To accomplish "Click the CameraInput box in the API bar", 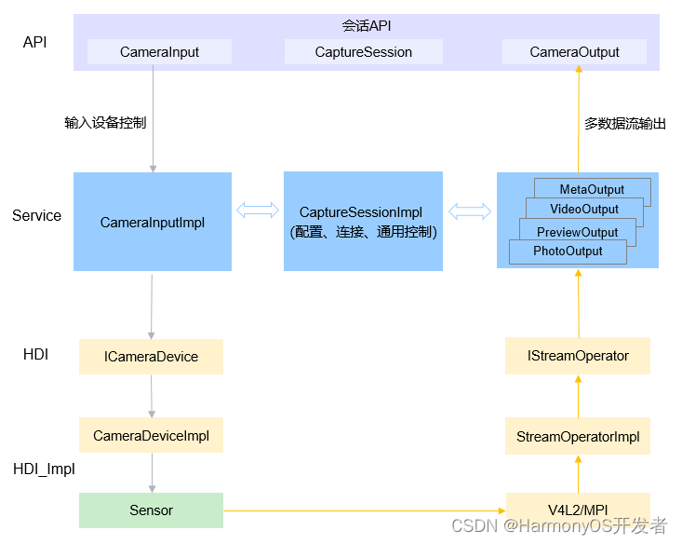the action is pos(159,52).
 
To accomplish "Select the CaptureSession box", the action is pos(364,52).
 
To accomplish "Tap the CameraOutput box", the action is pos(574,52).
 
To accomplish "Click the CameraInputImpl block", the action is pos(153,222).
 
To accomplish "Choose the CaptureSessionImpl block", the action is pos(363,222).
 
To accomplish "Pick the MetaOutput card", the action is pos(592,189).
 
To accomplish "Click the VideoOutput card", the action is pos(584,209).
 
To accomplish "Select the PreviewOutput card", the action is pos(577,232).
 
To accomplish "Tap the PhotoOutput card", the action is pos(568,252).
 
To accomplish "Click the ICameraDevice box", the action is pos(151,357).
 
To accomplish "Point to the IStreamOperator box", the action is pos(578,356).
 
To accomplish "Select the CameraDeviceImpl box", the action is pos(151,435).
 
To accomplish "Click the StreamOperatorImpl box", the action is pos(578,436).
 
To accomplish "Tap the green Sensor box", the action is pos(151,510).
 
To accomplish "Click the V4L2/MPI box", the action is pos(578,510).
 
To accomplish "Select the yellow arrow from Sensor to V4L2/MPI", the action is pos(365,510).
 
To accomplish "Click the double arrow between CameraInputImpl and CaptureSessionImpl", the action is pos(258,210).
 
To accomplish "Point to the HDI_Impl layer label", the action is pos(44,469).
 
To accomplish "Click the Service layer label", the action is pos(36,215).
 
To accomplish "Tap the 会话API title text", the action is pos(367,26).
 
